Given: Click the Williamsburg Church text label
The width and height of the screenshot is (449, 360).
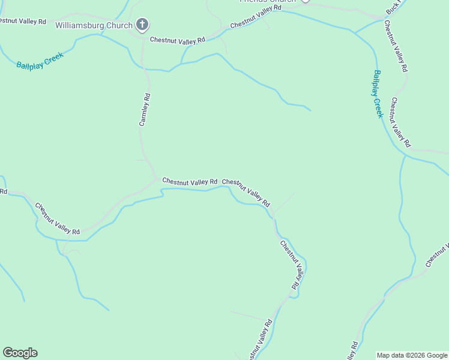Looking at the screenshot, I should click(94, 25).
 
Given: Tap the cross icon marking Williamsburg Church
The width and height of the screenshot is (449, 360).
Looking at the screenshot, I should click(142, 25).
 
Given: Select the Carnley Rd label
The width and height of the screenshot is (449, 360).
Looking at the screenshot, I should click(145, 109).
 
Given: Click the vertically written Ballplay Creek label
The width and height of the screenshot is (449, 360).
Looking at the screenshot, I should click(377, 94).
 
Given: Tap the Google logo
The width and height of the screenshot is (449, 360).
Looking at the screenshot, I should click(20, 353).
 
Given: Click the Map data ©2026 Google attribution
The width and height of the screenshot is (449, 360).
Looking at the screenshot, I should click(412, 355).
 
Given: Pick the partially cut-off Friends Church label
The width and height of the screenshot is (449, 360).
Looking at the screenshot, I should click(268, 1).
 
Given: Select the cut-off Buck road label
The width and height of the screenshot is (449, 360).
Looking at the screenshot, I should click(393, 8).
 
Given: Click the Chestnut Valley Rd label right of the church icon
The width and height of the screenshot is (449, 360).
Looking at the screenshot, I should click(177, 40).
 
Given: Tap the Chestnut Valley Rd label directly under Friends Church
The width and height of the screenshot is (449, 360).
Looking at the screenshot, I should click(255, 17).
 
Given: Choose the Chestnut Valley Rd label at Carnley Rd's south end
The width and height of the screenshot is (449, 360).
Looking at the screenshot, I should click(190, 181).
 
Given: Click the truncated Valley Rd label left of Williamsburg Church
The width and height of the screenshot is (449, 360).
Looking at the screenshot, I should click(23, 21).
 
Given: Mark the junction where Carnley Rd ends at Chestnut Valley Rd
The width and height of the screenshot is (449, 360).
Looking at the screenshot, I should click(157, 178).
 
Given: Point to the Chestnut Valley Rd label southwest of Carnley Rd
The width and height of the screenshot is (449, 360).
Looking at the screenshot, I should click(58, 218).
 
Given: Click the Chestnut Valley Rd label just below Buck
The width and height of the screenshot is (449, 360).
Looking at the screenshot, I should click(396, 46).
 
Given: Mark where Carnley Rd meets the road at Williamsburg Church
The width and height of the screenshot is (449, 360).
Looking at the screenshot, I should click(143, 37).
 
